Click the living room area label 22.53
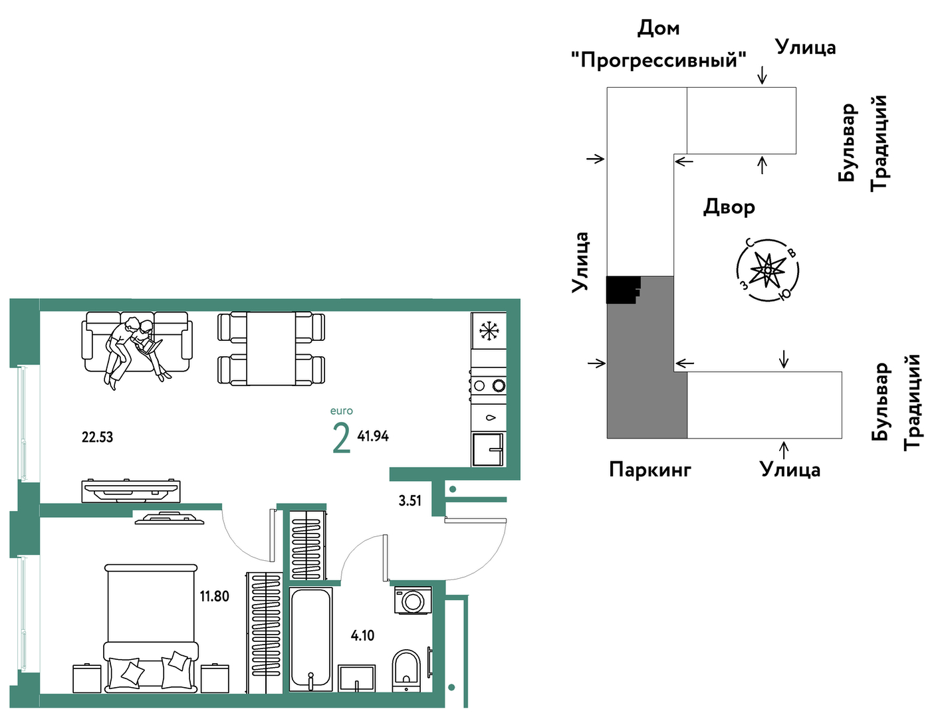pos(97,437)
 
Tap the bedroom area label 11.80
pos(214,596)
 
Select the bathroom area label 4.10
pos(362,635)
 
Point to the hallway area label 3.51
pos(410,500)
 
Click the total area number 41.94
pos(373,436)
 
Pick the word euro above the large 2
pos(341,411)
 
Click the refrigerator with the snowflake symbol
pos(489,331)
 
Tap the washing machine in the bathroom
pos(412,600)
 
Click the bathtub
pos(310,639)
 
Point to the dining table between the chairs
pos(271,349)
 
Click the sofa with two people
pos(137,342)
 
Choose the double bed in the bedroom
pos(151,628)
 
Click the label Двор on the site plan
pos(729,207)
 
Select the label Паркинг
pos(649,469)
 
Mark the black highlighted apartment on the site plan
pos(622,290)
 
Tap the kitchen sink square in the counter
pos(488,449)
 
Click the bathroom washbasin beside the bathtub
pos(356,678)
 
